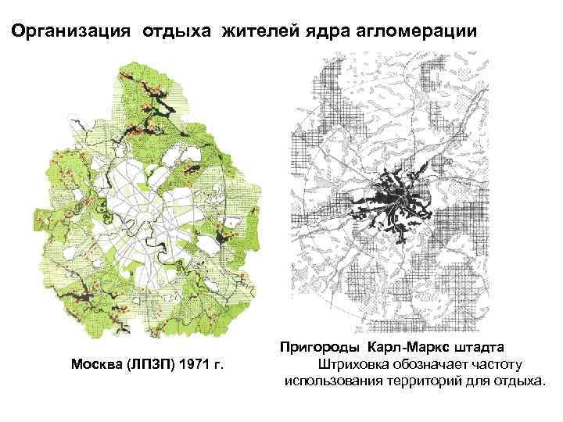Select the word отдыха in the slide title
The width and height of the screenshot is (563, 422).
pyautogui.click(x=179, y=32)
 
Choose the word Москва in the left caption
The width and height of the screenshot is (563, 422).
pyautogui.click(x=97, y=364)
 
